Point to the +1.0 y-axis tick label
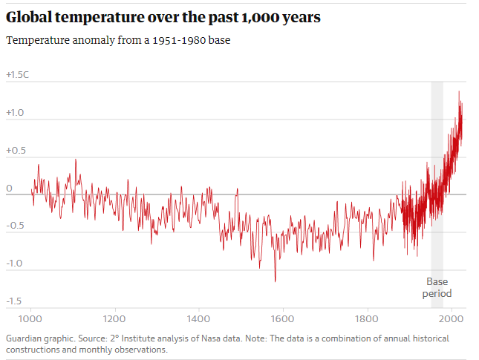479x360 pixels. click(15, 113)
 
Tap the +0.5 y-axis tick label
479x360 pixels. click(15, 151)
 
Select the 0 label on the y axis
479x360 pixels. click(9, 189)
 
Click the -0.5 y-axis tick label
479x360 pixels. click(14, 226)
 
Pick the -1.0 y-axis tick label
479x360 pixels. click(14, 264)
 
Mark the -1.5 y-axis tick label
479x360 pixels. click(14, 301)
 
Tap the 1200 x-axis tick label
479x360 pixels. click(114, 319)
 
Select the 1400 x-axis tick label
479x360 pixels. click(198, 319)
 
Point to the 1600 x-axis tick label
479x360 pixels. click(282, 319)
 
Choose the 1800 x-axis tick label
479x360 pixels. click(367, 319)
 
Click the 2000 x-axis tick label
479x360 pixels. click(450, 319)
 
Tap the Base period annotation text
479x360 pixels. click(437, 287)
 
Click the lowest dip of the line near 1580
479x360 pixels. click(276, 281)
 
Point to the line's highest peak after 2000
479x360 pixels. click(459, 91)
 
